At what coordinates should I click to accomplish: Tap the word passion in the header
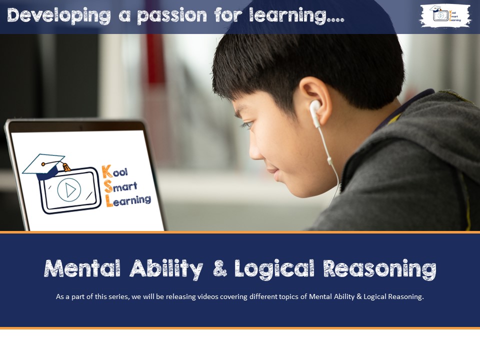[x=172, y=16]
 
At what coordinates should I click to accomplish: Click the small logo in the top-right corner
[x=445, y=15]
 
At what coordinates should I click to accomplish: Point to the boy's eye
[x=248, y=124]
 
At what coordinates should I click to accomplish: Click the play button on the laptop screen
[x=69, y=190]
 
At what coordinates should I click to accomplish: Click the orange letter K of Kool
[x=107, y=171]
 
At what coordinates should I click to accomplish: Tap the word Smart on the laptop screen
[x=120, y=186]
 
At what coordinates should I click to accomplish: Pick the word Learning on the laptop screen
[x=128, y=200]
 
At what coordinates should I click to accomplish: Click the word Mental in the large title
[x=82, y=269]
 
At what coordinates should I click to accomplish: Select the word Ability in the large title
[x=166, y=269]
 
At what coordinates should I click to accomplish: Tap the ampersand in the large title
[x=219, y=268]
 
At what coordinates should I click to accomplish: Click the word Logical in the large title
[x=274, y=269]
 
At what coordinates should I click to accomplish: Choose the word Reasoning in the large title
[x=380, y=269]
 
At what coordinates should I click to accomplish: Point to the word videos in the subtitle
[x=208, y=296]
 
